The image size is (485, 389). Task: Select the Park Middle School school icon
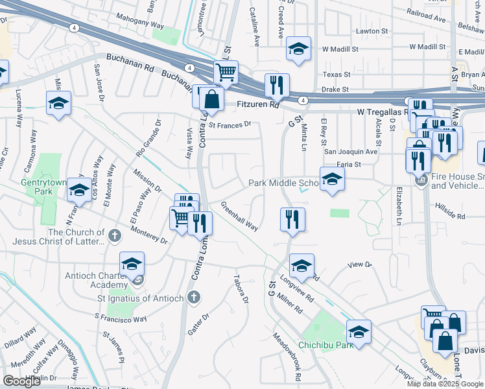click(x=331, y=180)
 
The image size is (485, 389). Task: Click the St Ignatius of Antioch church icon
click(x=193, y=298)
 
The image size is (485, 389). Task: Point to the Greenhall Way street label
click(x=239, y=217)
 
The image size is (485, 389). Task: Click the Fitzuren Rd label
click(x=257, y=103)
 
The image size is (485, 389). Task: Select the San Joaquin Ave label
click(x=350, y=152)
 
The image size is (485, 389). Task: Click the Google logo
click(x=21, y=381)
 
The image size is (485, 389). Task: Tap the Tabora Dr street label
click(x=241, y=290)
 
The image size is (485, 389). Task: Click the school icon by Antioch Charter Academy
click(x=132, y=264)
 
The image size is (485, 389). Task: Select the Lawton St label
click(x=372, y=30)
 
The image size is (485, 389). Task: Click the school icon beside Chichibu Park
click(x=359, y=332)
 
